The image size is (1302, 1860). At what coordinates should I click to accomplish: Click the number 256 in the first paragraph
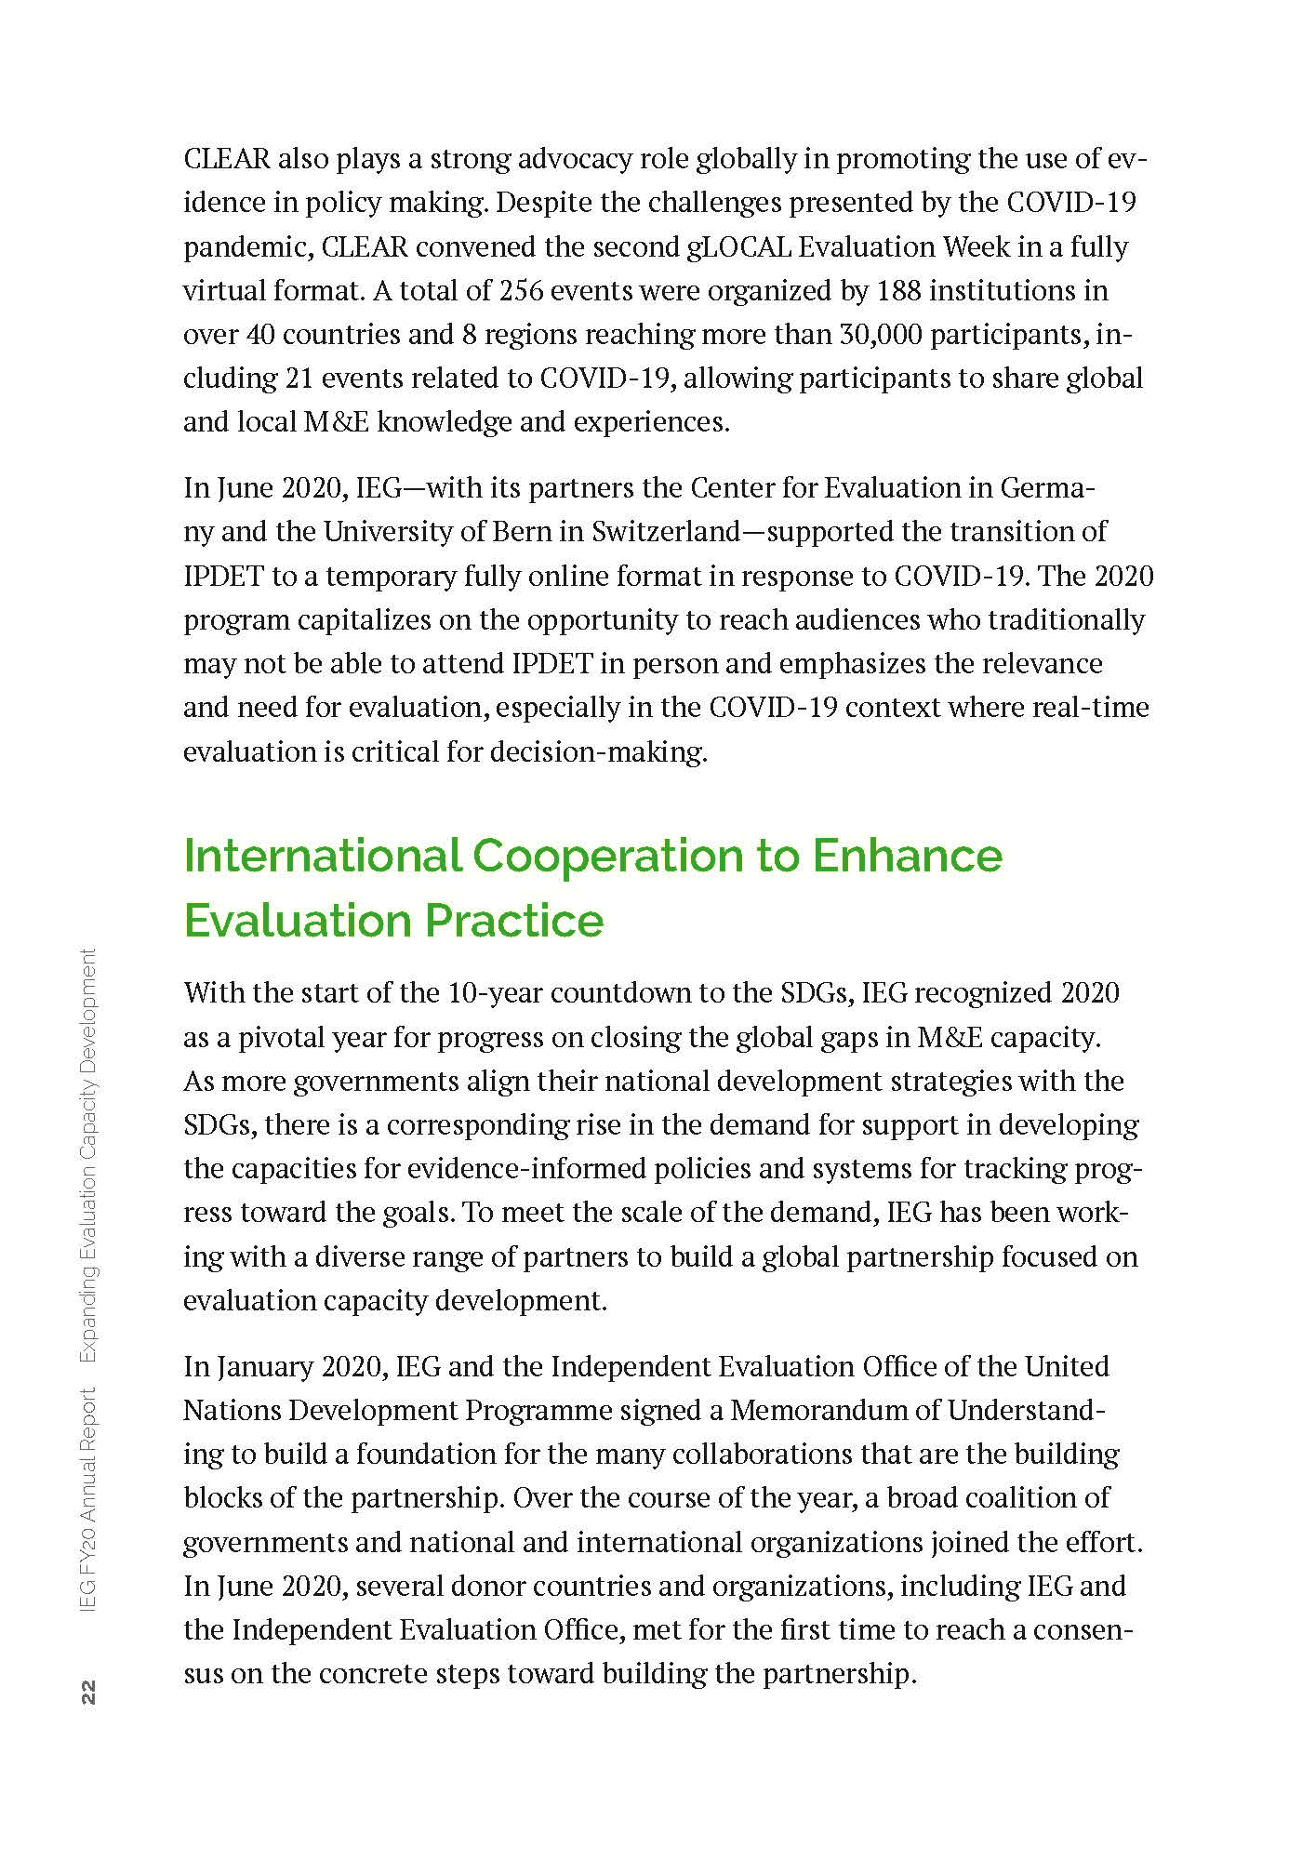tap(522, 291)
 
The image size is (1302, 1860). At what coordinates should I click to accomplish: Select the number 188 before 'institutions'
tap(899, 291)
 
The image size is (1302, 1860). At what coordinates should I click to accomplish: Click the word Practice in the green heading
tap(514, 921)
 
